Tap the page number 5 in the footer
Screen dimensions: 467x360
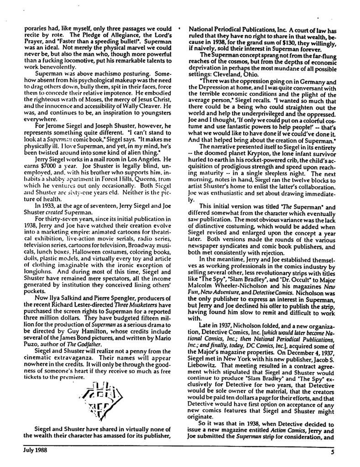333,453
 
